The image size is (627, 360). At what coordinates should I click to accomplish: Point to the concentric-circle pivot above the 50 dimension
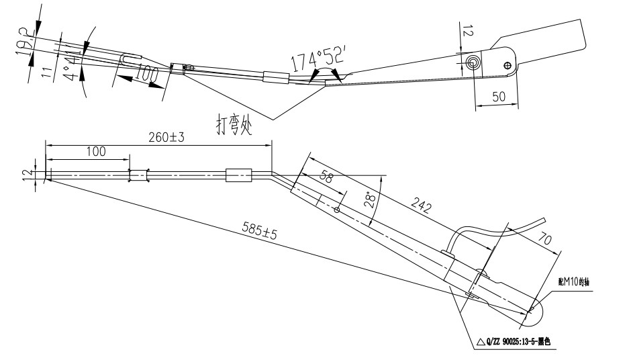(x=473, y=62)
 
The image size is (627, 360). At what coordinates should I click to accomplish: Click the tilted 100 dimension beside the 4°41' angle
(x=142, y=75)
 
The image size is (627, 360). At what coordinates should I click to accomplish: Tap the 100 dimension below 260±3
(x=95, y=152)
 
